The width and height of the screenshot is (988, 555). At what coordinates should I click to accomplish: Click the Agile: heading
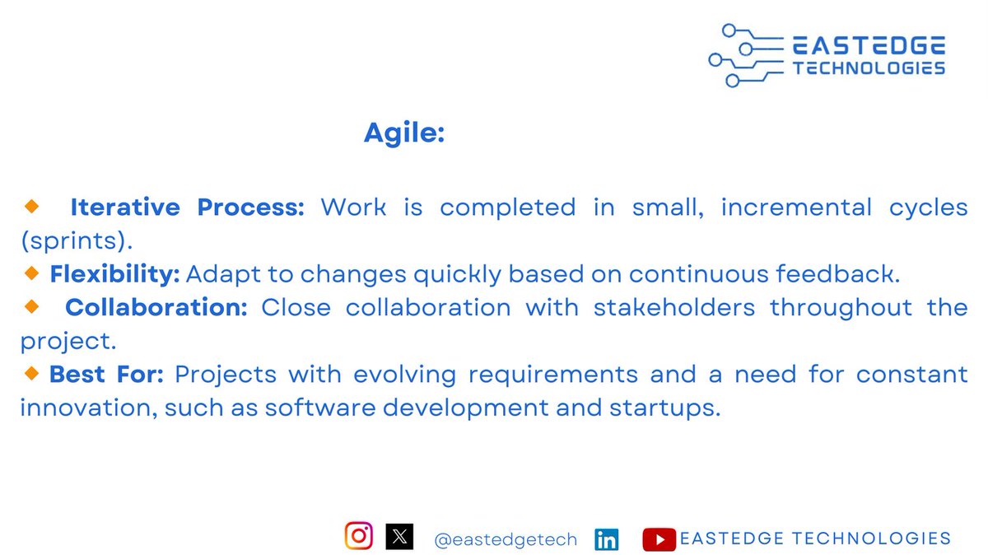[x=404, y=133]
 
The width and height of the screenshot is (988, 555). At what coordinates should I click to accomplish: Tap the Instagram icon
[x=359, y=535]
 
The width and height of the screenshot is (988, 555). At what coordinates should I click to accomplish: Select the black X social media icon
[x=399, y=536]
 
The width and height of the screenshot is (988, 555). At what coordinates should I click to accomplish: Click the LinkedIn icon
[x=607, y=539]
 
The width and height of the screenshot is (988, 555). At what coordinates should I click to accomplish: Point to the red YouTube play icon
[x=659, y=539]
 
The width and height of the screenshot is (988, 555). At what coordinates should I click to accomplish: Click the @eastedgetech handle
[x=506, y=539]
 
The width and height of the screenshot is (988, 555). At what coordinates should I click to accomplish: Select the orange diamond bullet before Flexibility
[x=31, y=273]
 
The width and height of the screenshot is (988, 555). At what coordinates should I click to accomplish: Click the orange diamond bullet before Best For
[x=31, y=373]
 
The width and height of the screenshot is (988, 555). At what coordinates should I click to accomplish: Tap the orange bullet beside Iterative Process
[x=31, y=206]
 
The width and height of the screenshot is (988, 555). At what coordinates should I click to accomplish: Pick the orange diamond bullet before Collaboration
[x=31, y=306]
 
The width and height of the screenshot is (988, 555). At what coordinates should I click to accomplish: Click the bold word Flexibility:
[x=114, y=274]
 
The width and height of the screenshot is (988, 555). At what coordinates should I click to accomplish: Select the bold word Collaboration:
[x=156, y=307]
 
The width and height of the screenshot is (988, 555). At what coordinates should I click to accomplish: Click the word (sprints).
[x=77, y=241]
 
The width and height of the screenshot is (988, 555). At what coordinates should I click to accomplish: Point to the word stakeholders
[x=674, y=307]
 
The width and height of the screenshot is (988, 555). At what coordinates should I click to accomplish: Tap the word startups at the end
[x=664, y=408]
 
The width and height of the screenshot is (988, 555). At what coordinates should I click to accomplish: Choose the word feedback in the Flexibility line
[x=837, y=273]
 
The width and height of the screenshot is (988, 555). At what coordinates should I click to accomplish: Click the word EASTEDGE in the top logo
[x=869, y=45]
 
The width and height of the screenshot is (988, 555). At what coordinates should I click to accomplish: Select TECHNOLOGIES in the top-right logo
[x=869, y=68]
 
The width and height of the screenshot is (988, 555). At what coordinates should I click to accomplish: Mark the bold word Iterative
[x=125, y=207]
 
